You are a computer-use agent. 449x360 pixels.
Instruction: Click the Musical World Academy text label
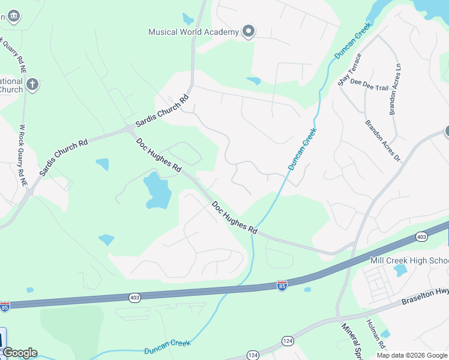click(x=194, y=32)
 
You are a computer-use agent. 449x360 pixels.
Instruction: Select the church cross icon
click(x=32, y=84)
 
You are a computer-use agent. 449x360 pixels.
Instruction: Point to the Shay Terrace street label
click(x=350, y=70)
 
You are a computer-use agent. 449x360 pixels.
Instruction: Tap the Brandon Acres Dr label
click(x=382, y=141)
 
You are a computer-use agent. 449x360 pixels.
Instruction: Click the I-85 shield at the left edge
click(x=5, y=306)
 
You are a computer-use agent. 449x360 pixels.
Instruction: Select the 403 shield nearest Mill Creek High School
click(x=421, y=237)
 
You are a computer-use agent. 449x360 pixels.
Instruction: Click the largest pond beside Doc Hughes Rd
click(x=157, y=191)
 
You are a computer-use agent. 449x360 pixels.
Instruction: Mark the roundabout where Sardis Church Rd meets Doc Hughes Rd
click(x=130, y=129)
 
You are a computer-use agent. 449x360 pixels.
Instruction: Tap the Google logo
click(x=20, y=353)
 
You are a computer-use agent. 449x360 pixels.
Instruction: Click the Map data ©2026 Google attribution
click(x=411, y=355)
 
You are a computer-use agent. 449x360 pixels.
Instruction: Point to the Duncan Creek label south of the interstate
click(x=167, y=347)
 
